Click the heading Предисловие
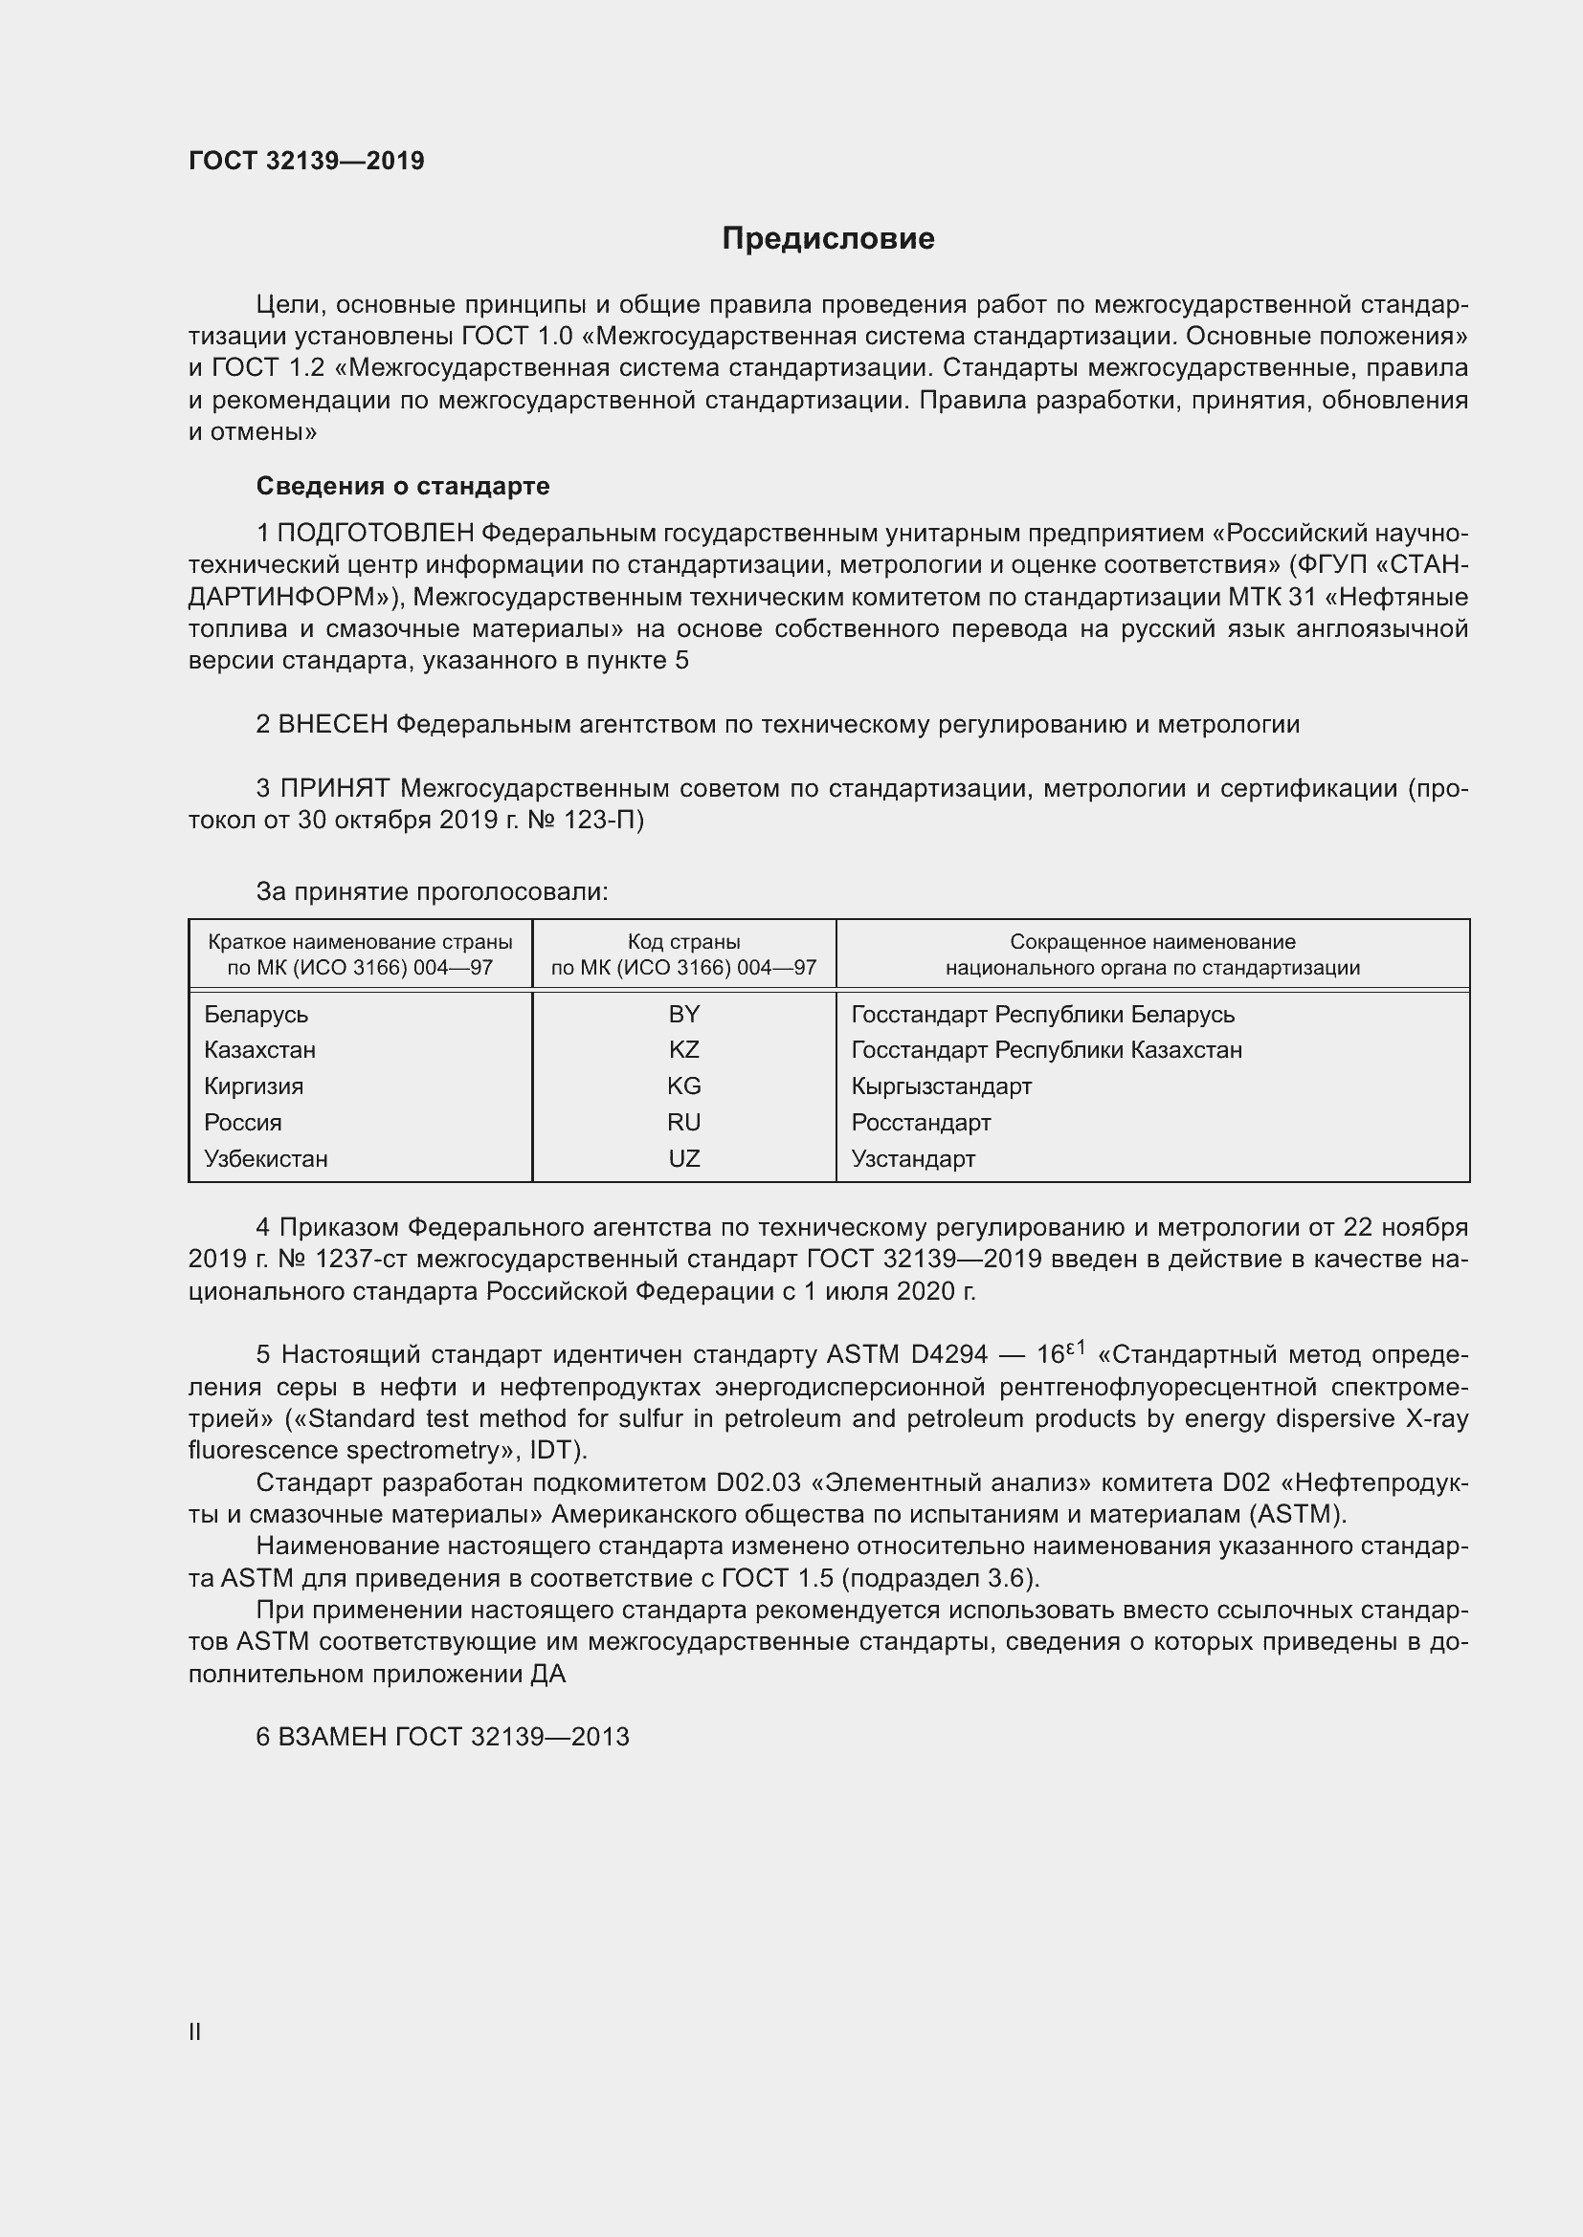click(828, 239)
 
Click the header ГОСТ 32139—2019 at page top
click(306, 161)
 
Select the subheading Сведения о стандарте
click(403, 485)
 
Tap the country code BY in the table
click(683, 1014)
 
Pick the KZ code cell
click(683, 1049)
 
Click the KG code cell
click(683, 1086)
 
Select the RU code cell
click(683, 1123)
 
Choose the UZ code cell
click(683, 1158)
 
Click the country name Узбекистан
click(265, 1158)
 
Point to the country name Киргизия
click(254, 1086)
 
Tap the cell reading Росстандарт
click(920, 1123)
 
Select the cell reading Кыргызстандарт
click(941, 1086)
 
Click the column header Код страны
click(683, 942)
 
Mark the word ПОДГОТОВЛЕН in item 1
click(376, 533)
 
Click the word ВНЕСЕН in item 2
click(333, 724)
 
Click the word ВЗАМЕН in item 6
click(332, 1736)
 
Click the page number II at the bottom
click(195, 2031)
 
